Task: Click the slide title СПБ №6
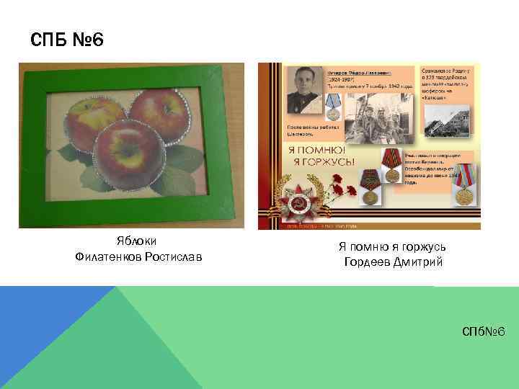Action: (68, 40)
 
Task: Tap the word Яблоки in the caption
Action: (137, 242)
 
